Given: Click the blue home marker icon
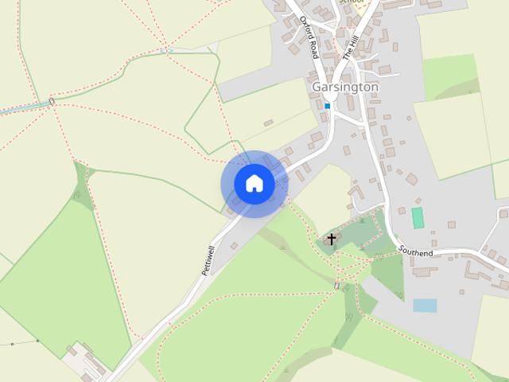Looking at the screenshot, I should [x=254, y=184].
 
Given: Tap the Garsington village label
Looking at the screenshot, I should [x=345, y=86].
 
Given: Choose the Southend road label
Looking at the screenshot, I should [x=416, y=251].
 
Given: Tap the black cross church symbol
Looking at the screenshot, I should [x=332, y=239].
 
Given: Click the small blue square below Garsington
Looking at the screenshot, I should [x=327, y=105].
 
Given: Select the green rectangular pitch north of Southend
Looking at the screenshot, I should [x=418, y=216].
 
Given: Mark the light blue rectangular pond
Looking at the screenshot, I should [x=425, y=305].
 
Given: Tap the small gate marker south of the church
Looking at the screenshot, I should [x=337, y=286].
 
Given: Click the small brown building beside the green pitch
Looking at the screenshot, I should [x=452, y=224].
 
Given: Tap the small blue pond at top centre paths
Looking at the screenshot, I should [x=166, y=51].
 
